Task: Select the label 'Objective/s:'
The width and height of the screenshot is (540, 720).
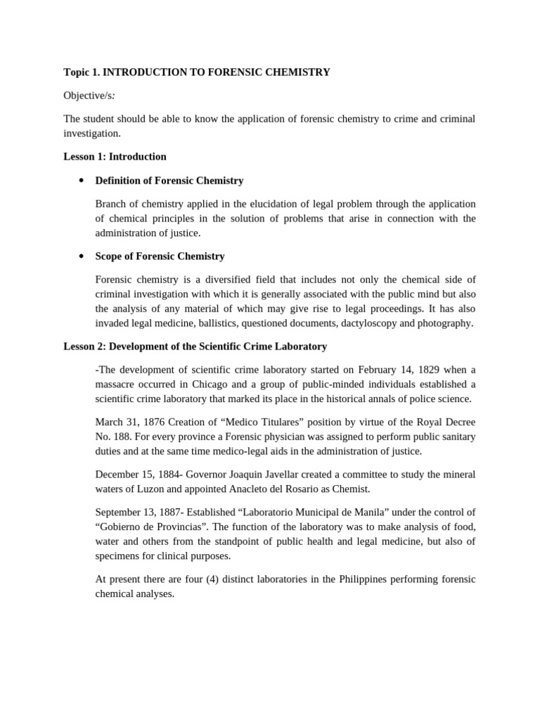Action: (89, 95)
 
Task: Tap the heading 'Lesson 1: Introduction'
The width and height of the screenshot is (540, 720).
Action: (115, 156)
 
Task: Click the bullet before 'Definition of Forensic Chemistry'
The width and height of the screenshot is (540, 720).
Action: (82, 181)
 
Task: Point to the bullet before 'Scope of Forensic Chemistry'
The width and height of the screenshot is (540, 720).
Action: (82, 257)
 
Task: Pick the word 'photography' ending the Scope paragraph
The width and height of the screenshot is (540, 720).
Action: (444, 323)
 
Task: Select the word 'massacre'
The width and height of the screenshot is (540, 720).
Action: (115, 385)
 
